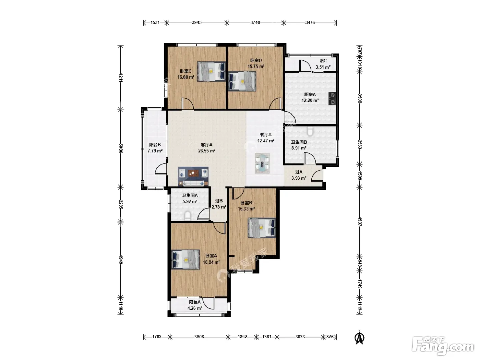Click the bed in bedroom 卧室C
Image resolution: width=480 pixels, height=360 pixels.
(211, 71)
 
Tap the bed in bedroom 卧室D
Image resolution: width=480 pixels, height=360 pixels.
(242, 81)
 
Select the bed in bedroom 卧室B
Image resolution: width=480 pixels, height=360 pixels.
(262, 228)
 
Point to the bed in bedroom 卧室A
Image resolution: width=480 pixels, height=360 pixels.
(185, 260)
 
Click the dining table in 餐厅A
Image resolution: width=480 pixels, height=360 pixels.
(262, 163)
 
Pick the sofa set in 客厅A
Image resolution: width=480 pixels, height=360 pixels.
(193, 176)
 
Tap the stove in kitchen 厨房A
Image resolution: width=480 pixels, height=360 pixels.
(332, 98)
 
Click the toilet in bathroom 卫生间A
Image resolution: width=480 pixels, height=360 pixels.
(188, 215)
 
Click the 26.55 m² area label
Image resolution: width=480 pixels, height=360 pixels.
(206, 151)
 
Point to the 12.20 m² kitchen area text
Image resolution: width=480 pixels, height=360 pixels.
(310, 100)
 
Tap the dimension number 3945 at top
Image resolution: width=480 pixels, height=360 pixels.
(196, 23)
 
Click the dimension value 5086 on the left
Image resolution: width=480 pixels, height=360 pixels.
(121, 148)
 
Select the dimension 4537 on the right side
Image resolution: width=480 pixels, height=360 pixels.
(360, 221)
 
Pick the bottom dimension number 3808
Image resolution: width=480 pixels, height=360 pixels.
(199, 337)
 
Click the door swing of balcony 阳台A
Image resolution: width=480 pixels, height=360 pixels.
(208, 303)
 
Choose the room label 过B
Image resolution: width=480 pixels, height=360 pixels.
(219, 201)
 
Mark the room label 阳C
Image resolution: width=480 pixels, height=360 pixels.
(323, 61)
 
